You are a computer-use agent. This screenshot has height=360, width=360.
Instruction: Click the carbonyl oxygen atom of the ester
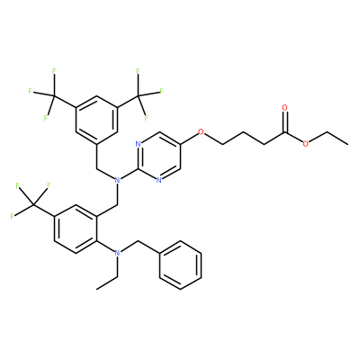click(284, 107)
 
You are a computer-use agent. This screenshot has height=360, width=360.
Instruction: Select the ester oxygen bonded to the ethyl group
click(306, 144)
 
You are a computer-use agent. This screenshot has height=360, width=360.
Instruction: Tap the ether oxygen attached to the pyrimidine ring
click(201, 131)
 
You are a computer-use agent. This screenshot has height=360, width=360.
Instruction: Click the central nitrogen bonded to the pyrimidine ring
click(117, 180)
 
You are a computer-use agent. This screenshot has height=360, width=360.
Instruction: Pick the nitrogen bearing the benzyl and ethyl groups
click(117, 253)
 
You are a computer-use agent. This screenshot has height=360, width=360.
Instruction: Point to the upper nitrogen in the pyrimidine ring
click(138, 144)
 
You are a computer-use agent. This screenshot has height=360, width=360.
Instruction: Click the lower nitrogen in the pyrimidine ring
click(159, 180)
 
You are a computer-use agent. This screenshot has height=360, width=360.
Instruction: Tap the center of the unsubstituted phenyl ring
click(180, 265)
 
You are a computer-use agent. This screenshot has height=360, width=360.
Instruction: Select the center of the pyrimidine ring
click(159, 156)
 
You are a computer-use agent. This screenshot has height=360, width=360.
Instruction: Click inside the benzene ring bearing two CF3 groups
click(96, 120)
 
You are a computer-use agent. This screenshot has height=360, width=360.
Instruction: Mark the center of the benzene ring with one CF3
click(76, 229)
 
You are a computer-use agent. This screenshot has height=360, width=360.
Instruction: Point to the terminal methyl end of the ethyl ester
click(347, 144)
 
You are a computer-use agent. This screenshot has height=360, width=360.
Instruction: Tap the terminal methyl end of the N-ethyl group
click(96, 289)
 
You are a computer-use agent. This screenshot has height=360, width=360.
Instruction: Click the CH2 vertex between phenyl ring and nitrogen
click(139, 241)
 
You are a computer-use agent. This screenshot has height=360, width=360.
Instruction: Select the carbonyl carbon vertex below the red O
click(284, 132)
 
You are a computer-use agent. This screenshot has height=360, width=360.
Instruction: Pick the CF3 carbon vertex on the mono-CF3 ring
click(33, 204)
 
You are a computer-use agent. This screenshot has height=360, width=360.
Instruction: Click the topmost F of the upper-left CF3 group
click(54, 71)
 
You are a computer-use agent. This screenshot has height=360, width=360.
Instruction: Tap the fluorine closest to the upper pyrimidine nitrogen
click(147, 118)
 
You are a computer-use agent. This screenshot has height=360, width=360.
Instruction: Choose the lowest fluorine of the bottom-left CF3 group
click(13, 216)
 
